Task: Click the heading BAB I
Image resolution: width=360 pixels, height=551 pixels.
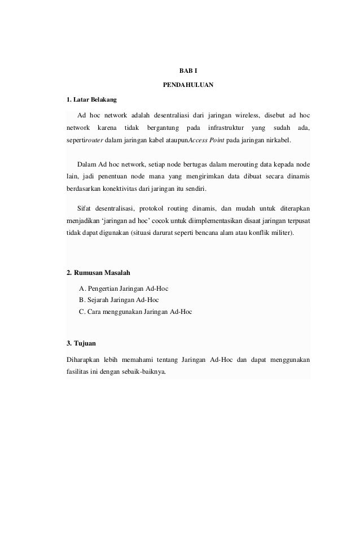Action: tap(185, 72)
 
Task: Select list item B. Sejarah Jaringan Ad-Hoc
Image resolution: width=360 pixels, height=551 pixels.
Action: tap(119, 300)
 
